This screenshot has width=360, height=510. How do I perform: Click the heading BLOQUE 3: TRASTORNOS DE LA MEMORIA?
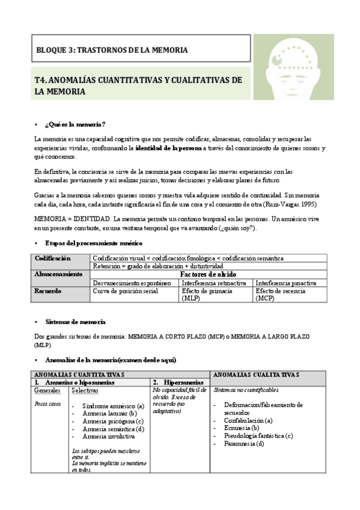click(112, 50)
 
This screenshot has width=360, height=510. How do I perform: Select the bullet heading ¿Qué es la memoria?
click(75, 124)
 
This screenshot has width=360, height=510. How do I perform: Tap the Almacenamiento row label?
click(58, 274)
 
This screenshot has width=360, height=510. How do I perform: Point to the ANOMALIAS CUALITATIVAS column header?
click(256, 374)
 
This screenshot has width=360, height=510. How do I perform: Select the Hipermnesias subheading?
click(181, 382)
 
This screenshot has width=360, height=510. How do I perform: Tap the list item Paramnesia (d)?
click(243, 443)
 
